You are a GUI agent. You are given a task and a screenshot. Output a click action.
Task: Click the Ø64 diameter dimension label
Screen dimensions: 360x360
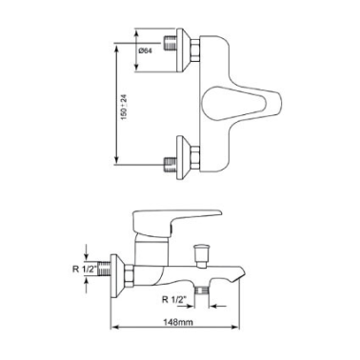(x=146, y=50)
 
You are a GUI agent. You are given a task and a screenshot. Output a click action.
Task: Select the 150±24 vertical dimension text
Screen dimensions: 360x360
(x=124, y=107)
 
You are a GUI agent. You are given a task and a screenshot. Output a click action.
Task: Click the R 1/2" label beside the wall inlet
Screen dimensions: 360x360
(x=84, y=270)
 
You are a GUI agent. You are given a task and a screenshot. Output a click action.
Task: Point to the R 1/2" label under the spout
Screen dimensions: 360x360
(x=174, y=299)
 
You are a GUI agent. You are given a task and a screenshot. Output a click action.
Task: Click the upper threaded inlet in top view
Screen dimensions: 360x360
(x=170, y=43)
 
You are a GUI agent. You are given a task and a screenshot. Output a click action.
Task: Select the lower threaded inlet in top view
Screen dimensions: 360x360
(x=170, y=165)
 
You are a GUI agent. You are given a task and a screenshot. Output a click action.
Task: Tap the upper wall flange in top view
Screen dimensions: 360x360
(x=183, y=50)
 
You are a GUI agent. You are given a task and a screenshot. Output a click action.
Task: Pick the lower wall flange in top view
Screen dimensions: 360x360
(x=183, y=158)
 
